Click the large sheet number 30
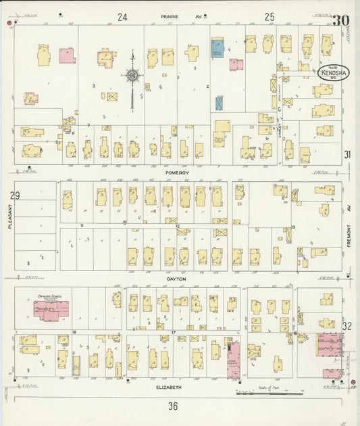340,20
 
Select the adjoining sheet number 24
122,17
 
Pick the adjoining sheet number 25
269,17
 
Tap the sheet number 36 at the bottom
173,406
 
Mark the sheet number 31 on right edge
347,155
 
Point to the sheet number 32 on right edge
347,326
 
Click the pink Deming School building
51,310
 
